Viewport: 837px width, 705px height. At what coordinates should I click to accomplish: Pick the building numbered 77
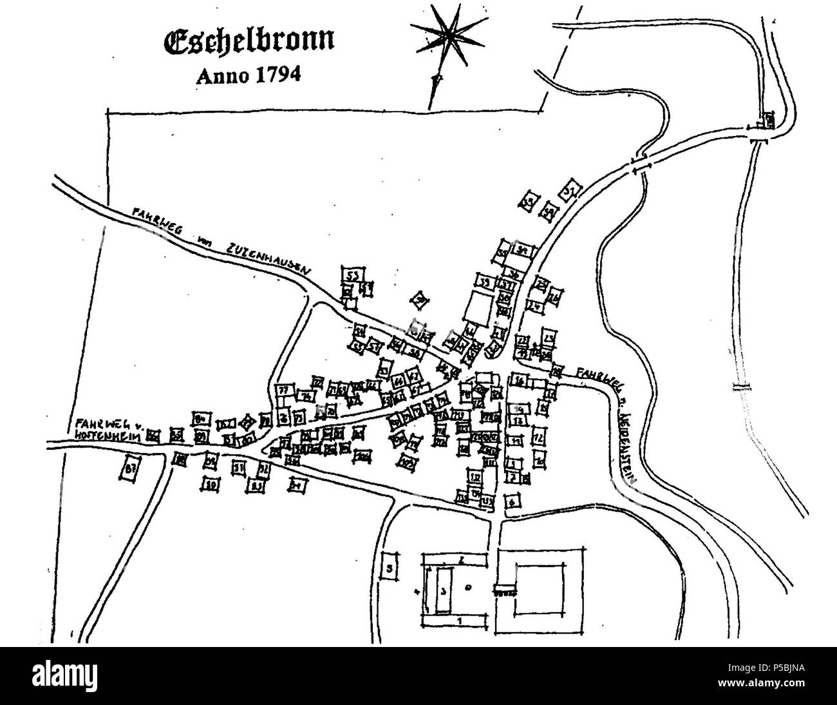click(x=284, y=390)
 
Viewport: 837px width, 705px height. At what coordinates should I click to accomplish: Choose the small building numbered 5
click(x=390, y=568)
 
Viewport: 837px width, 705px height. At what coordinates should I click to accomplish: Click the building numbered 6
click(x=513, y=502)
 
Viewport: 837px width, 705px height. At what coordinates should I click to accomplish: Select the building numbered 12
click(x=540, y=438)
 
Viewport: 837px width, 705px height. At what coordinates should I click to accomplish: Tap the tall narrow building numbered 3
click(x=442, y=590)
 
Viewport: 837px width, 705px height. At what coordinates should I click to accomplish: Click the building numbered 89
click(x=210, y=483)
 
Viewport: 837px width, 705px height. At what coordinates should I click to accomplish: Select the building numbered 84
click(x=200, y=418)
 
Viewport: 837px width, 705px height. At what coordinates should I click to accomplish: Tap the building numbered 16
click(x=519, y=381)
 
